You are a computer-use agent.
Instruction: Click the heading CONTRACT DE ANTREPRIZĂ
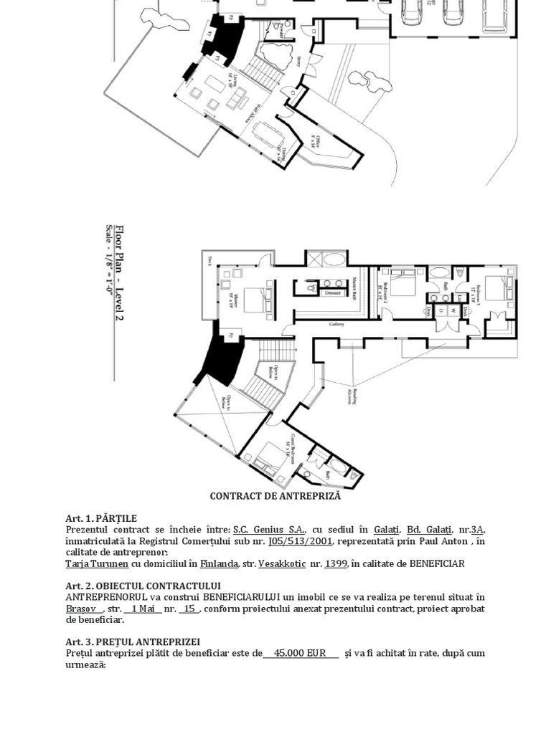click(275, 496)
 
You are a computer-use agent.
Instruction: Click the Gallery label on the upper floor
click(337, 324)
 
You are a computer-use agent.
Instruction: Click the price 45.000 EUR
click(301, 653)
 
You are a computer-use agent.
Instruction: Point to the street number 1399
click(336, 563)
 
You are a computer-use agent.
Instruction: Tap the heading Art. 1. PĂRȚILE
click(101, 518)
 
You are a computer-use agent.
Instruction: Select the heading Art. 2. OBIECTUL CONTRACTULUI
click(143, 586)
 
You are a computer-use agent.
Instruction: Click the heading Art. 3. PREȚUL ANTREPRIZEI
click(133, 642)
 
